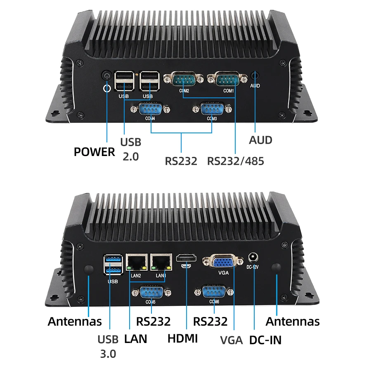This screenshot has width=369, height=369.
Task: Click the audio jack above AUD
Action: pos(255,76)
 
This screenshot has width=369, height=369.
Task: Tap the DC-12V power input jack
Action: pos(252,259)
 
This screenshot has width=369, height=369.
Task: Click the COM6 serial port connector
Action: pos(214,291)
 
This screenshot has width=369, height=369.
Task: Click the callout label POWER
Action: pos(95,152)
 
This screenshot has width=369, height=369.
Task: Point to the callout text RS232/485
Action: pos(236,160)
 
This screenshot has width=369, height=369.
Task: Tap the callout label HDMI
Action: pos(183,338)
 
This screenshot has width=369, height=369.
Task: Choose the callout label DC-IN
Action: pos(265,340)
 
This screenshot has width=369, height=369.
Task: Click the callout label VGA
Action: pos(231,340)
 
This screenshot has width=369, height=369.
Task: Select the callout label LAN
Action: pos(135,339)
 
